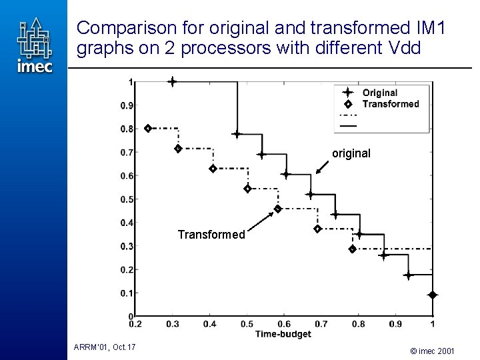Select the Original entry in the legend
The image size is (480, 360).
(379, 93)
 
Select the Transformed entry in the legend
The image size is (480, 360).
(390, 104)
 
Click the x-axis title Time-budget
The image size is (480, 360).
(283, 333)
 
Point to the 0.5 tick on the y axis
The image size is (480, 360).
(126, 199)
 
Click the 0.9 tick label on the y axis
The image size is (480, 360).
(126, 105)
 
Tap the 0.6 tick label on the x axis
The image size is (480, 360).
(283, 324)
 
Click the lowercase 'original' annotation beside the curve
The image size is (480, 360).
(351, 153)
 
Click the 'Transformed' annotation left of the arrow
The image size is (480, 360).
(211, 235)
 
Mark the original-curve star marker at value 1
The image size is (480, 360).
(172, 82)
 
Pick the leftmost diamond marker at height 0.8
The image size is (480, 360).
(148, 128)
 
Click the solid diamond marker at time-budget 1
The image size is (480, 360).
(432, 295)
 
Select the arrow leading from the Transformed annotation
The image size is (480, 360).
(263, 219)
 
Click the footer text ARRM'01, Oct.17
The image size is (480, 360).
(105, 346)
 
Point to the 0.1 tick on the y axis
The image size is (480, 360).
(126, 293)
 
